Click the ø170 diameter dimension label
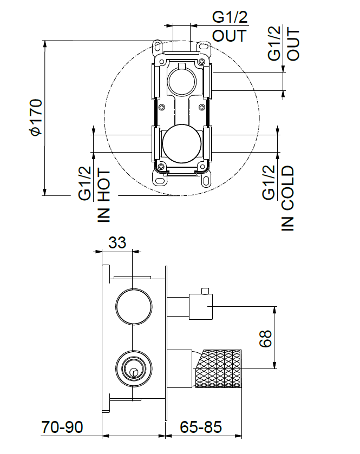35,118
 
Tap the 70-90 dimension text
62,427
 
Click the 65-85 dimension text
201,427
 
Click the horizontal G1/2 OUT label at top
230,27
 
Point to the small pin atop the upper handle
204,292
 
